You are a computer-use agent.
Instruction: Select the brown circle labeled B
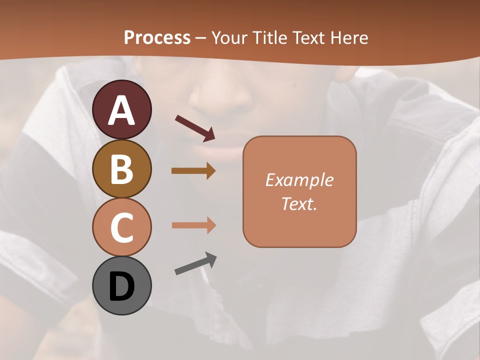tap(121, 168)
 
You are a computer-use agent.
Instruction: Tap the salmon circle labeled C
tap(121, 227)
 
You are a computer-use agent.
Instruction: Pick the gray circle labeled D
tap(121, 285)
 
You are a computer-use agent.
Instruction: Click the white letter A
tap(122, 110)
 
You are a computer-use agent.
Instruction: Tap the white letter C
tap(122, 227)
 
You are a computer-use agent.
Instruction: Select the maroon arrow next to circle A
tap(195, 127)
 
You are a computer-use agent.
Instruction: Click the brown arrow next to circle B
tap(193, 171)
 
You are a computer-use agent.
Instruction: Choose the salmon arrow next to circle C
tap(193, 225)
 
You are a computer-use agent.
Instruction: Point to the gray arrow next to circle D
tap(195, 263)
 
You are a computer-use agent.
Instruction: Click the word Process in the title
tap(157, 37)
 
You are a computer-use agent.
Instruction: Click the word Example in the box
tap(299, 180)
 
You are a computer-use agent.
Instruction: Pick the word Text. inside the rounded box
tap(299, 203)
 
